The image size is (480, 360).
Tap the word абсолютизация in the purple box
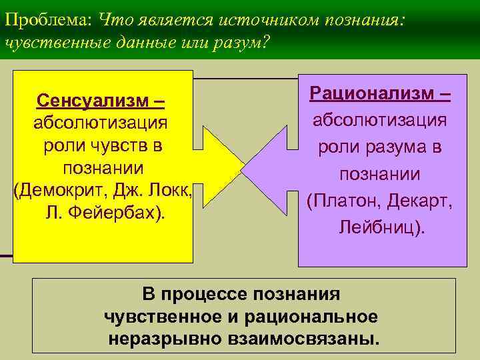[380, 122]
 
